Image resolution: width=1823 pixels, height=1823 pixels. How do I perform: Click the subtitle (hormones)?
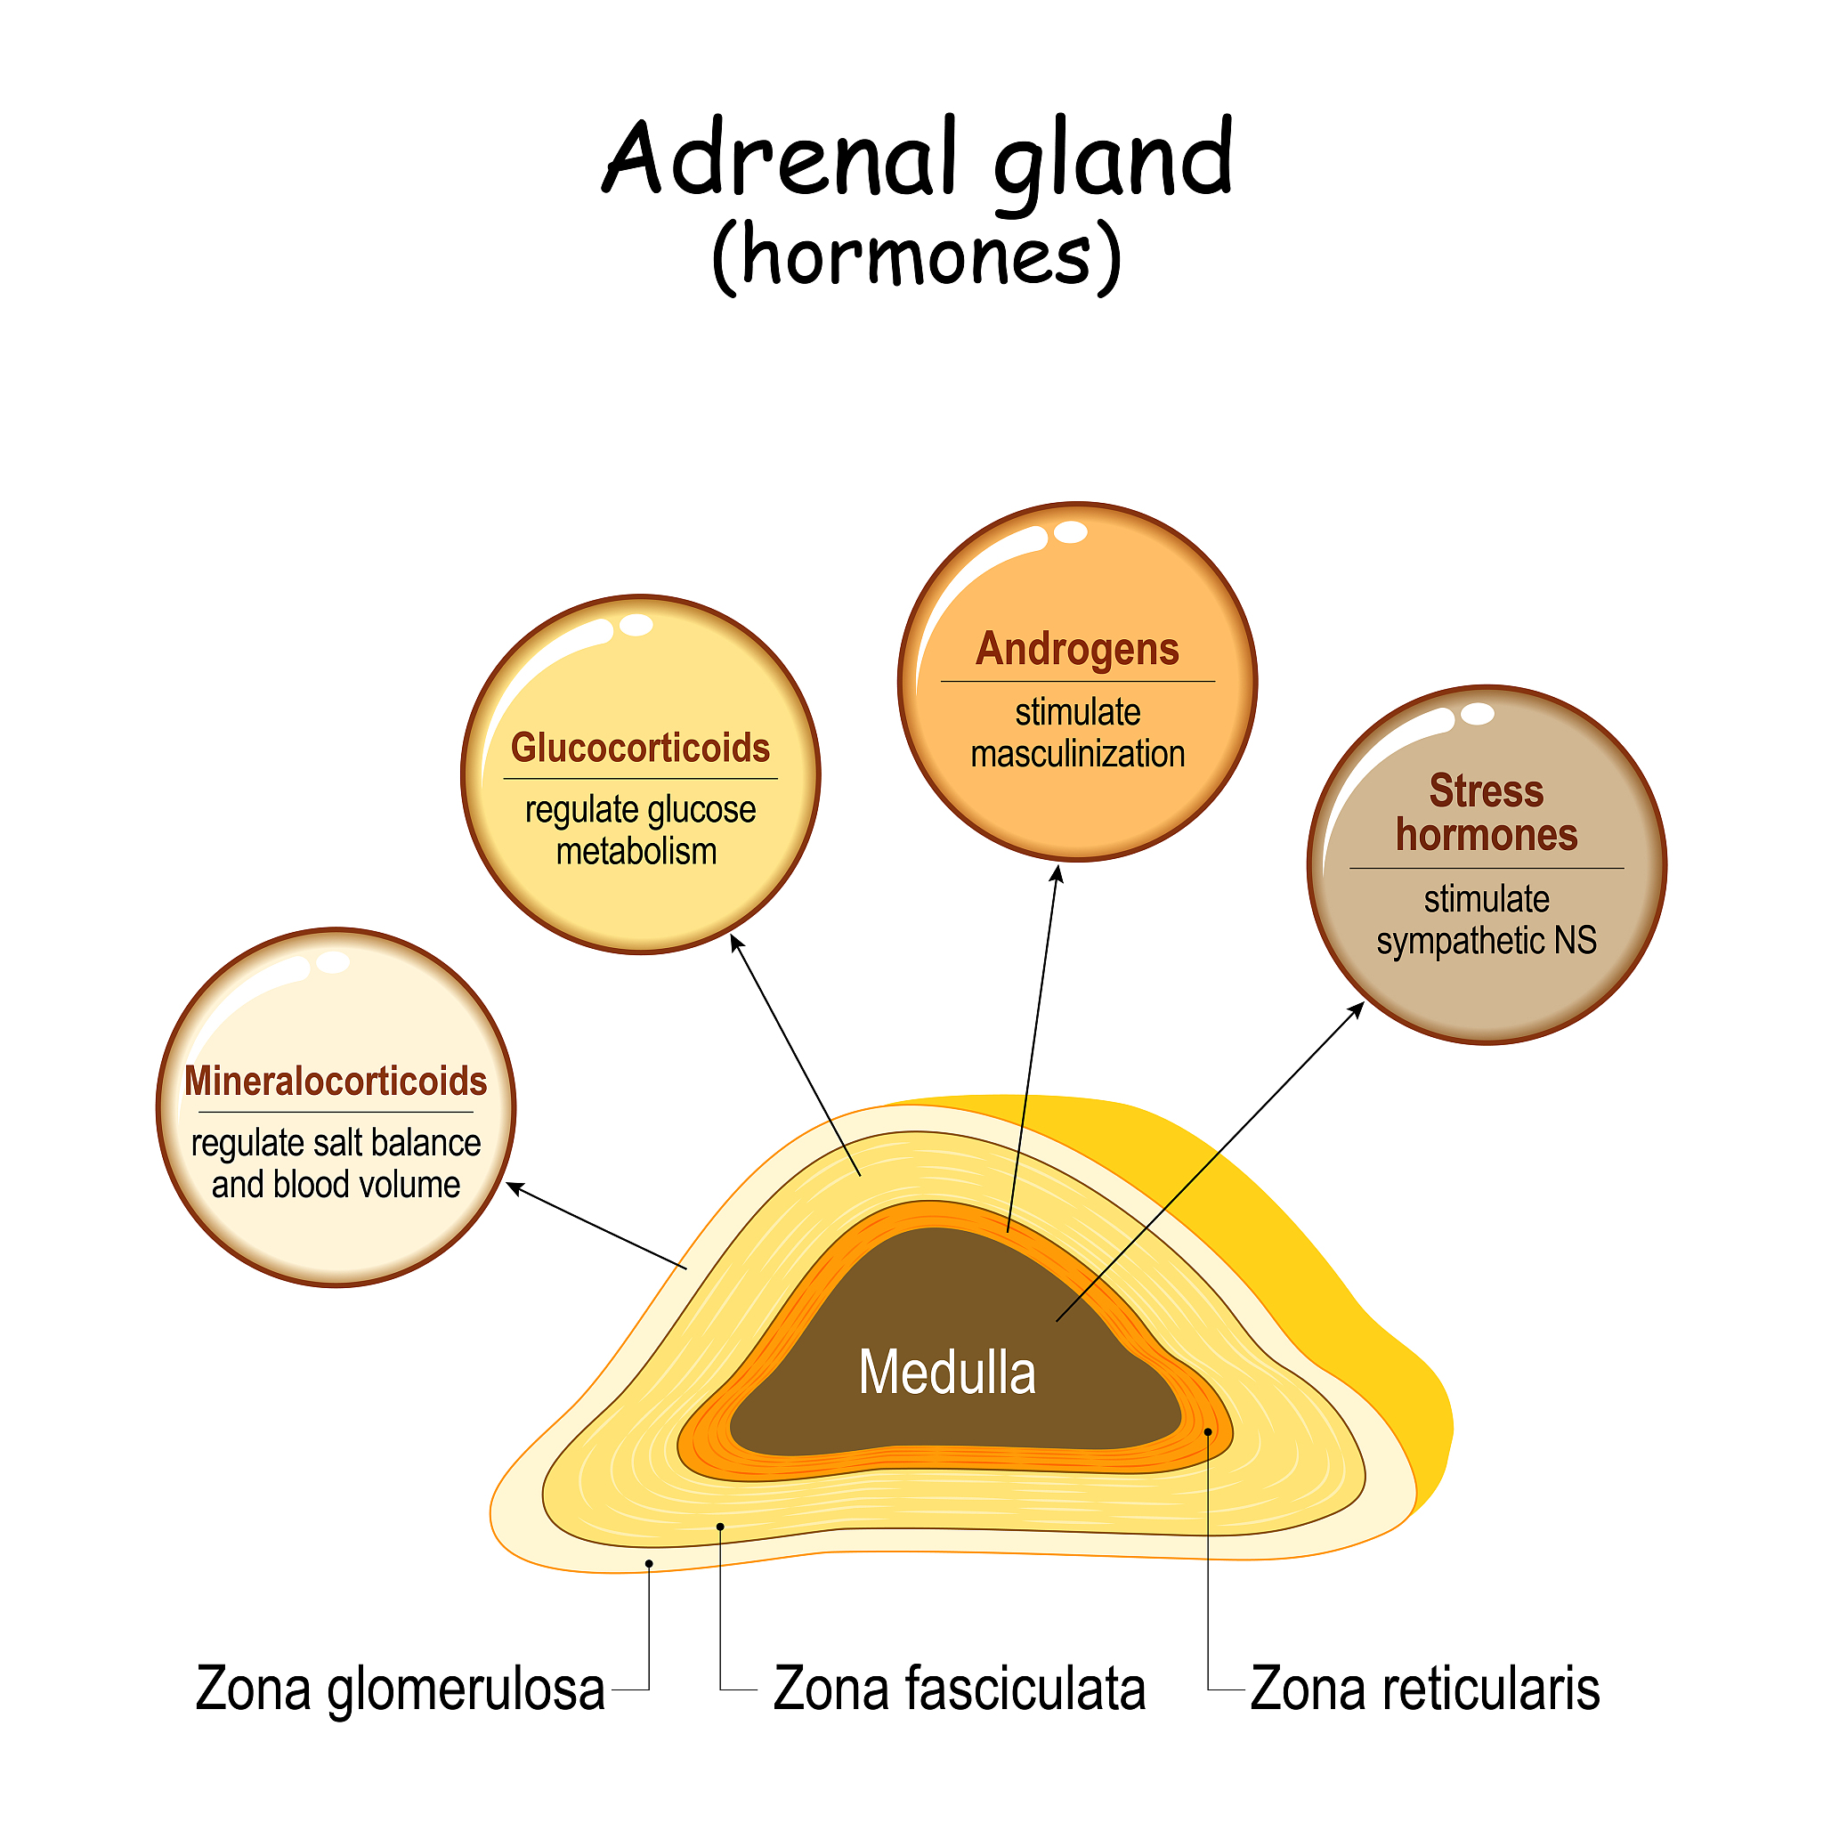coord(917,256)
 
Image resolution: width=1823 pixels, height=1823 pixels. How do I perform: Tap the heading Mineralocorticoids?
coord(336,1082)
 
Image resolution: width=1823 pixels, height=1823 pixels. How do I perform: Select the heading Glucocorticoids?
coord(641,748)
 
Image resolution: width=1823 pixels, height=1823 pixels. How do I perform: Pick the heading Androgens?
coord(1078,649)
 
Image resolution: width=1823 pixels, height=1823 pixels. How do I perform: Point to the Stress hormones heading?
coord(1487,814)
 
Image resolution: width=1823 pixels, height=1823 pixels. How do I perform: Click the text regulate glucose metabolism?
coord(640,830)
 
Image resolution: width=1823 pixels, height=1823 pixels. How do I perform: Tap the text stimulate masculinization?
coord(1078,733)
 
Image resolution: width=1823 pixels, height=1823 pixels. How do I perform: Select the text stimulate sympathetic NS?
coord(1487,920)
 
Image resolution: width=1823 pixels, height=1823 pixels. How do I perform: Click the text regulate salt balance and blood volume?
coord(336,1163)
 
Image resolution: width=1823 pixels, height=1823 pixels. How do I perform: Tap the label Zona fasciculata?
coord(960,1688)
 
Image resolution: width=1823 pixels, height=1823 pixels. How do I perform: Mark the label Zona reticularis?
coord(1425,1688)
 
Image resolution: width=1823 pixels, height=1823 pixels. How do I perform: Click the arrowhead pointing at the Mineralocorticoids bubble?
coord(515,1187)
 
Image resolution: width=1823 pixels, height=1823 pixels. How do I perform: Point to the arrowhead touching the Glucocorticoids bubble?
coord(737,942)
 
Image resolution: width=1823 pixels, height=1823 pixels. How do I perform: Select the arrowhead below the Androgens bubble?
coord(1057,874)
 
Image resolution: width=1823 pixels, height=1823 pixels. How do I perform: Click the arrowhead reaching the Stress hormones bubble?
coord(1356,1009)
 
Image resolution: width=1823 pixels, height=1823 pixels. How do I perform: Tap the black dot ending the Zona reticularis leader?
coord(1208,1431)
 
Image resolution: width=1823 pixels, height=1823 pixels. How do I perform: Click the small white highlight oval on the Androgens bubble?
coord(1070,532)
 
